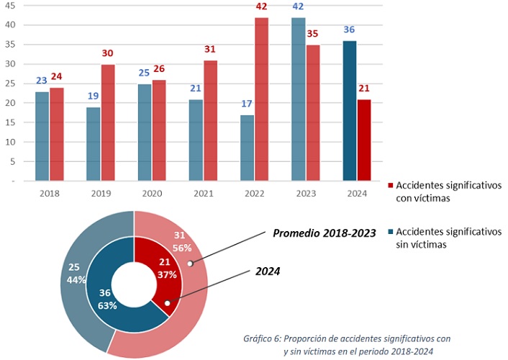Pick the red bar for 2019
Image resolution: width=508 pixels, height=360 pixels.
click(x=107, y=122)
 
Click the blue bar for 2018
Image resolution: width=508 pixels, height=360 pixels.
click(x=42, y=136)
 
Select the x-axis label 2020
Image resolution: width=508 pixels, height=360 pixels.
click(x=152, y=194)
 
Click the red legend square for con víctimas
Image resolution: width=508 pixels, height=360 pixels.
click(x=389, y=184)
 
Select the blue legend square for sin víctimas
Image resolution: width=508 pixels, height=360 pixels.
click(x=389, y=232)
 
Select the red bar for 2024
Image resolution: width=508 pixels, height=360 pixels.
click(x=364, y=140)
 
